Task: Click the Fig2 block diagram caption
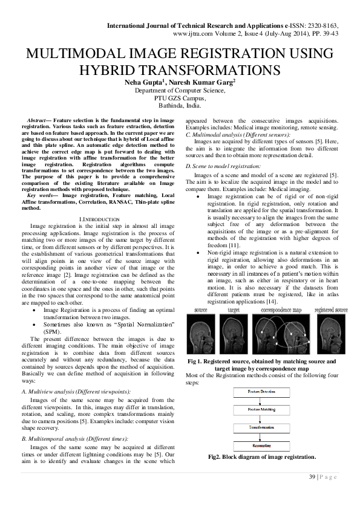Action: tap(261, 457)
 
